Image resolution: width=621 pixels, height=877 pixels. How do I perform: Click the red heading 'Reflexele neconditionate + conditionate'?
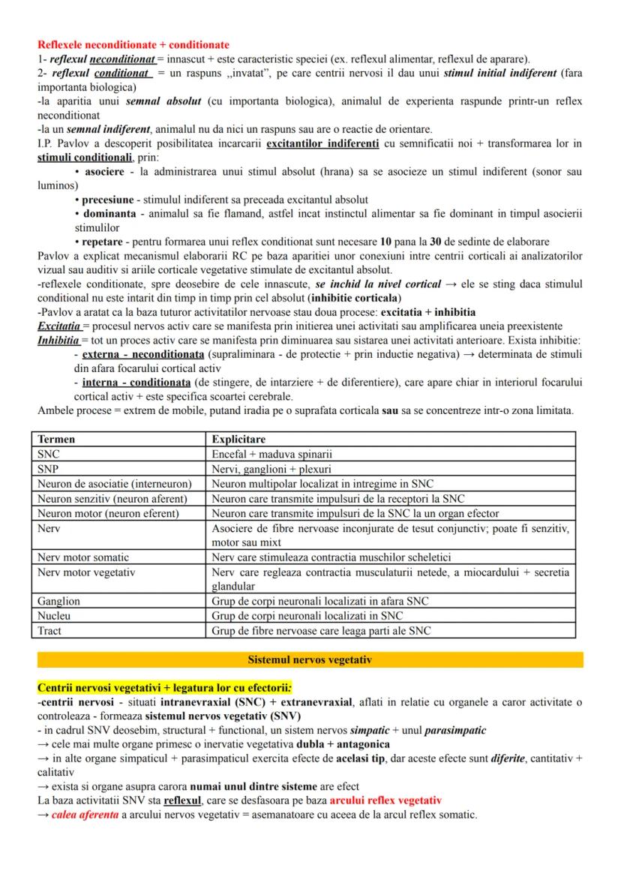point(133,45)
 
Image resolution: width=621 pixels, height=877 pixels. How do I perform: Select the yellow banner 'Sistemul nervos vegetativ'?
point(310,660)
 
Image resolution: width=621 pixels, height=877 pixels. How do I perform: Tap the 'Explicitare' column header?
point(238,439)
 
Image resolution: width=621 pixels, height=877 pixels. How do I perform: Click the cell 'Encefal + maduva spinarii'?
point(272,454)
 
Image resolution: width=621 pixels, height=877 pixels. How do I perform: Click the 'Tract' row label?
point(49,630)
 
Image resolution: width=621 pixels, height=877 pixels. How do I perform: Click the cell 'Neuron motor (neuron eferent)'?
point(109,513)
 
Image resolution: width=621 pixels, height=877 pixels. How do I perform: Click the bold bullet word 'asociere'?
point(106,172)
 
